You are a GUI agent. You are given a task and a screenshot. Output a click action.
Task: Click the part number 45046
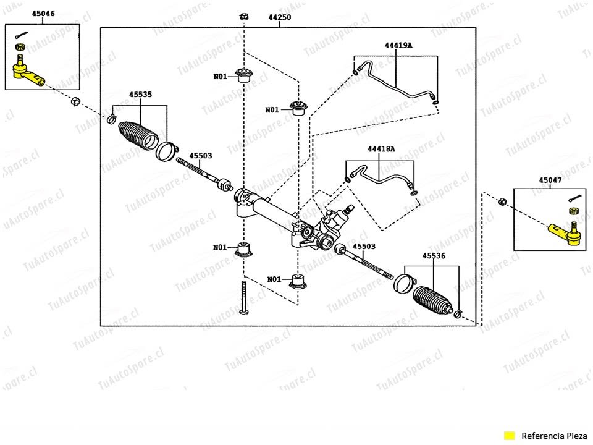[x=43, y=14]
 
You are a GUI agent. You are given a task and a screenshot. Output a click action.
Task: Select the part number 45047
[x=550, y=180]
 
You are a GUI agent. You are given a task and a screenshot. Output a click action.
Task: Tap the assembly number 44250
[x=280, y=17]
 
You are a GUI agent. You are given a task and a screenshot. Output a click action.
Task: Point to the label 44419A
[x=398, y=45]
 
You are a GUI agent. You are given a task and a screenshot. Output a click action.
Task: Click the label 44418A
[x=381, y=149]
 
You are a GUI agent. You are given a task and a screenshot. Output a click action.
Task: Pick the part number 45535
[x=140, y=94]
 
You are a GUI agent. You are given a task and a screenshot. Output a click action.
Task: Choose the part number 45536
[x=434, y=256]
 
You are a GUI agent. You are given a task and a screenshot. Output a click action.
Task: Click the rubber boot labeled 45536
[x=432, y=300]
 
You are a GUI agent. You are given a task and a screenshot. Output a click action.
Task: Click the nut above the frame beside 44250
[x=245, y=17]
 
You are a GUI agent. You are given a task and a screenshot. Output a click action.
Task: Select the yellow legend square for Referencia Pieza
[x=510, y=436]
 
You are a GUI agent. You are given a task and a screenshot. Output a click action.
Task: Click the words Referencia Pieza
[x=554, y=436]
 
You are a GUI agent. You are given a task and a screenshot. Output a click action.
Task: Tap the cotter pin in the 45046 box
[x=22, y=35]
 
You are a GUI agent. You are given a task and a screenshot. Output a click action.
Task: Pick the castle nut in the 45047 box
[x=574, y=211]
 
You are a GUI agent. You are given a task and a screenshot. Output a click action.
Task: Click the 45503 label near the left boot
[x=200, y=156]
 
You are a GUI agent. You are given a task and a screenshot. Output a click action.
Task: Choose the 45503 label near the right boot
[x=364, y=247]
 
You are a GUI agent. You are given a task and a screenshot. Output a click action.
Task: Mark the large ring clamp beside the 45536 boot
[x=403, y=282]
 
